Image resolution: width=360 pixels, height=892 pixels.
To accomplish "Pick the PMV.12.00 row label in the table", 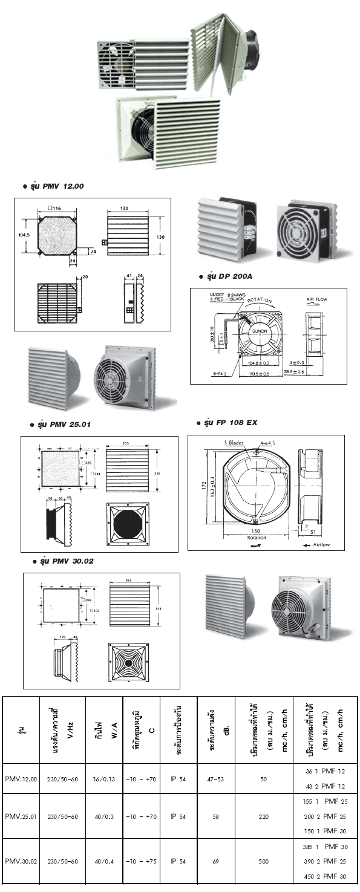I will click(21, 780).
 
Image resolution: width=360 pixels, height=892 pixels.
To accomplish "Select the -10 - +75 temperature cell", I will click(142, 861).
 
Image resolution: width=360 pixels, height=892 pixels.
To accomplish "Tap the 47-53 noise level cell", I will click(215, 780).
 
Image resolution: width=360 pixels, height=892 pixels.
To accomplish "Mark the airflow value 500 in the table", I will click(263, 861).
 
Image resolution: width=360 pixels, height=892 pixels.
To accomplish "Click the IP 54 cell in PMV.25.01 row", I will click(178, 817).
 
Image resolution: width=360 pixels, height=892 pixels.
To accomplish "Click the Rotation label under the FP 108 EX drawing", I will click(257, 537).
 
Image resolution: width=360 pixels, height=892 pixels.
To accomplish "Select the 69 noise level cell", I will click(215, 861).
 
